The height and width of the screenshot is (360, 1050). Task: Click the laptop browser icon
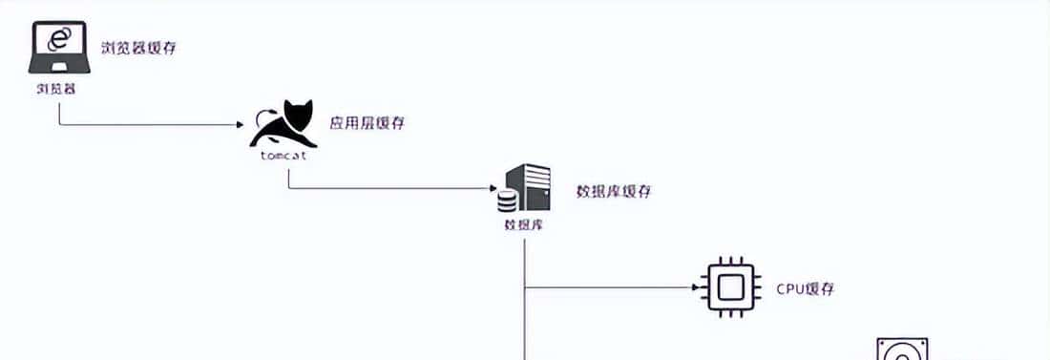point(59,49)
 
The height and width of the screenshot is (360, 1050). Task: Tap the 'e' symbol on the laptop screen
point(59,39)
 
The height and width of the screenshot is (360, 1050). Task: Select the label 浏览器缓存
point(138,48)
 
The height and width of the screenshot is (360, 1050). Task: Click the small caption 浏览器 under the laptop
point(56,88)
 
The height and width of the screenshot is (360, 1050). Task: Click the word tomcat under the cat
point(283,156)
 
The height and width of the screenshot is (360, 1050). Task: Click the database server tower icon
point(531,187)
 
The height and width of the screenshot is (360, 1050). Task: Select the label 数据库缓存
point(614,191)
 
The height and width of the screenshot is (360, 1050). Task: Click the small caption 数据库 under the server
point(523,226)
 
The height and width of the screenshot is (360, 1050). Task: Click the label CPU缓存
point(806,288)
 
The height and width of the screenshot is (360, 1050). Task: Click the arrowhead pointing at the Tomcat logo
point(240,124)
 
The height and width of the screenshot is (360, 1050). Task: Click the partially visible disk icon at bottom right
point(902,349)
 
